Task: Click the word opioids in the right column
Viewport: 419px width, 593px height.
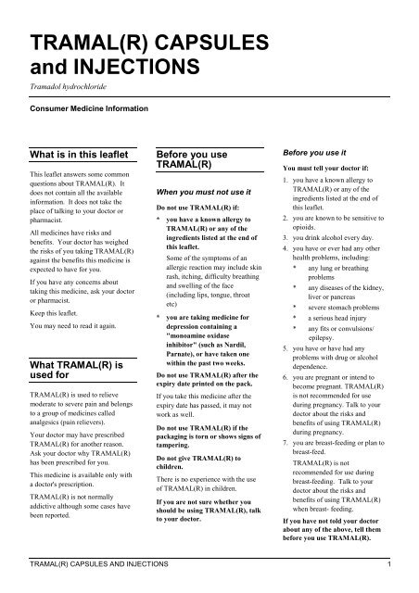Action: [312, 224]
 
